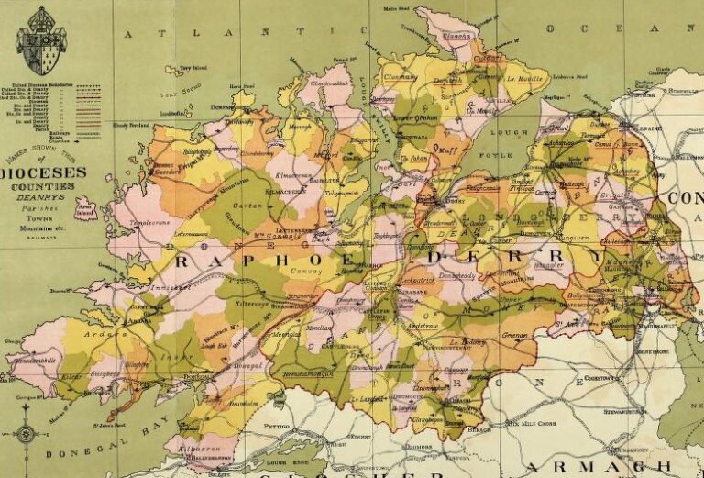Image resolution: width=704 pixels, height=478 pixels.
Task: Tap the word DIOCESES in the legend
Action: [50, 172]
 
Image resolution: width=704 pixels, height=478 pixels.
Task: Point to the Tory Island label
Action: [192, 68]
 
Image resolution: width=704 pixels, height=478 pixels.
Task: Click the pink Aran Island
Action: [86, 208]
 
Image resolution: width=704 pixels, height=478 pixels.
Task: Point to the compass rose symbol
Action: [27, 433]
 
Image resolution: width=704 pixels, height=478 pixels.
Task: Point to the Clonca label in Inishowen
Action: [456, 37]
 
